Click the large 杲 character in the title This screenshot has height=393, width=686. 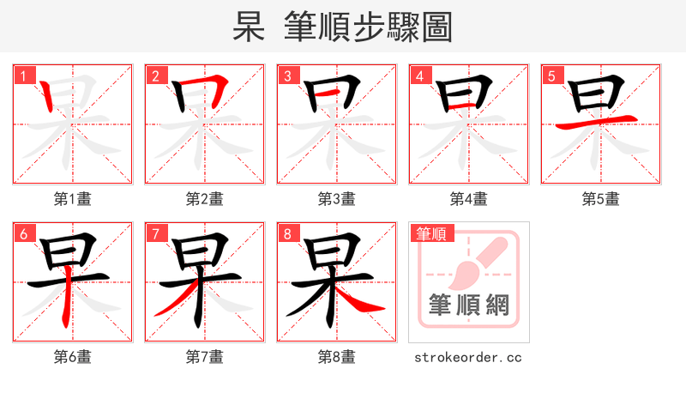click(x=250, y=27)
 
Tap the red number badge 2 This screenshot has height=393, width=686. click(x=155, y=76)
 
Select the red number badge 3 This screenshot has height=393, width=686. click(x=287, y=76)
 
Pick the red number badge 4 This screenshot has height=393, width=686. click(x=419, y=76)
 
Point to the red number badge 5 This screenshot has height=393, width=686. click(x=551, y=76)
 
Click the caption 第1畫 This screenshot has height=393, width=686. click(x=73, y=199)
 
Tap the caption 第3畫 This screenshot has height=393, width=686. click(x=337, y=199)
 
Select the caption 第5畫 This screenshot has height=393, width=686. click(x=601, y=199)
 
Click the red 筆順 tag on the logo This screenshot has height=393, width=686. click(x=433, y=233)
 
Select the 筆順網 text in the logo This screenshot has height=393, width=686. click(x=468, y=305)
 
